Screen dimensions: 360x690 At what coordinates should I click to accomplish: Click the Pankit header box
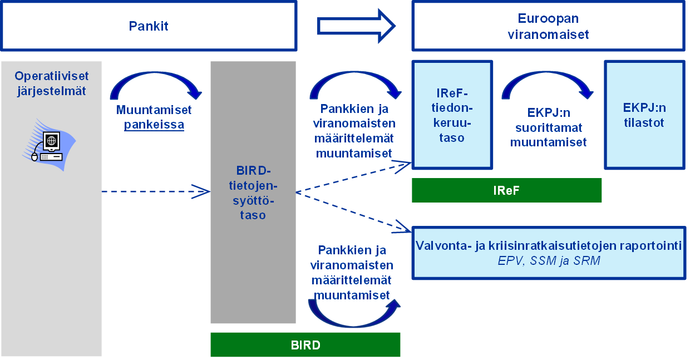pos(148,26)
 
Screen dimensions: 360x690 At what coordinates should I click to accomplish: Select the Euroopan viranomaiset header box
pos(548,26)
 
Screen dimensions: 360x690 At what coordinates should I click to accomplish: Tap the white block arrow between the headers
pos(356,26)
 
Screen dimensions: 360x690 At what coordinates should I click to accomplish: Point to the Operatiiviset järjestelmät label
pos(51,83)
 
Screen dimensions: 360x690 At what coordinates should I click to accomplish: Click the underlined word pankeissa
pos(154,125)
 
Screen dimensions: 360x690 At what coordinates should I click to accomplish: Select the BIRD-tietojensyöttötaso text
pos(253,192)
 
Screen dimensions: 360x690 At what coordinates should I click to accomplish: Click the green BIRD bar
pos(305,345)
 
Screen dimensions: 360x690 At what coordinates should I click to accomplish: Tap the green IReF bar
pos(506,190)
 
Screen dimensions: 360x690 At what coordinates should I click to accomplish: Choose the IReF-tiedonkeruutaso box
pos(452,115)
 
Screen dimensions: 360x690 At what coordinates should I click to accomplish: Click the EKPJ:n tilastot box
pos(644,115)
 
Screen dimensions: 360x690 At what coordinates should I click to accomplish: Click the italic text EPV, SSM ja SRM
pos(549,260)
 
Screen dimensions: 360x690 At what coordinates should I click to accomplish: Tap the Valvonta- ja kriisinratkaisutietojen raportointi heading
pos(549,246)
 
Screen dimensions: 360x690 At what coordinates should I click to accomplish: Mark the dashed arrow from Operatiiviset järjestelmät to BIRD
pos(156,192)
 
